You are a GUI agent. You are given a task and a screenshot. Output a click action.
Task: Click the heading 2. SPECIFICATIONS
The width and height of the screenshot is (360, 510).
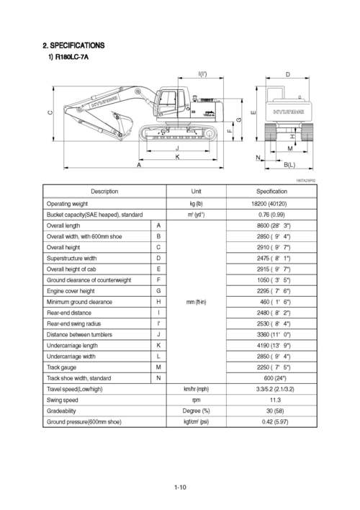point(73,46)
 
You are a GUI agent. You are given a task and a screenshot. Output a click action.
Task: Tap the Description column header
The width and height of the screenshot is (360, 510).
point(104,192)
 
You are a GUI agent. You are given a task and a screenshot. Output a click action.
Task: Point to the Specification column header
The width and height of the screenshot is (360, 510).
point(272,192)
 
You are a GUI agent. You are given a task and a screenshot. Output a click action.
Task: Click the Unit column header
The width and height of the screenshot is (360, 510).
point(197,192)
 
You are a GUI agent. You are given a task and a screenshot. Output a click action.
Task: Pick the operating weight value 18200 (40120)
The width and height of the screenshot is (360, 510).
point(272,204)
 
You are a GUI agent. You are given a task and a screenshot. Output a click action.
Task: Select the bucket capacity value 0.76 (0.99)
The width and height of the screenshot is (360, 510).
point(272,215)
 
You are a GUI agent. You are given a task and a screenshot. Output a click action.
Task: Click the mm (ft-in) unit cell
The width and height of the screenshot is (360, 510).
point(197,302)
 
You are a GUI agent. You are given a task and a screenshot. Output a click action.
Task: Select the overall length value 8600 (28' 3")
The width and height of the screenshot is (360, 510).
point(272,225)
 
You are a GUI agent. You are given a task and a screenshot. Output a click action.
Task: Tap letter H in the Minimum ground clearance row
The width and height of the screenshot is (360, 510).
point(158,302)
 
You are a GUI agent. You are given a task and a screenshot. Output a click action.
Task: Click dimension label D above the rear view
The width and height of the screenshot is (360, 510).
point(288,75)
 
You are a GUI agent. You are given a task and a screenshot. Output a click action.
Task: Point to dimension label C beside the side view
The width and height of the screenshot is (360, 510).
point(50,113)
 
